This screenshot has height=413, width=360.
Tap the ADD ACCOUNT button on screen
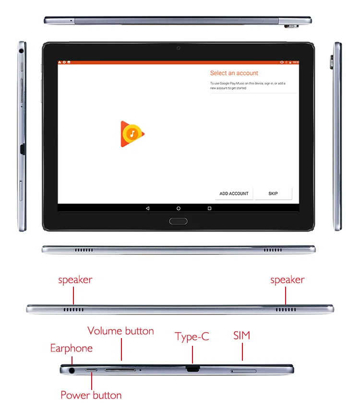234,194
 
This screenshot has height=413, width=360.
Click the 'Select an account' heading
234,73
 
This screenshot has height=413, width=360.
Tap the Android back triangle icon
147,208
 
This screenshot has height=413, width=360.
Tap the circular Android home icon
179,208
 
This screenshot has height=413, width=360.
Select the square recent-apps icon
209,208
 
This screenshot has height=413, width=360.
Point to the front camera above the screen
178,48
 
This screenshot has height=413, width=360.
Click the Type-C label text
192,337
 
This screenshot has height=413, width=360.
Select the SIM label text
242,335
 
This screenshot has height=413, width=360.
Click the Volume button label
120,331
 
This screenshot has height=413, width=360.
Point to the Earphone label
72,348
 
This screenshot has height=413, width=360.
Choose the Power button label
91,395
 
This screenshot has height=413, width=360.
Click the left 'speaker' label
75,279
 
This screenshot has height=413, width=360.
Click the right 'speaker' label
287,279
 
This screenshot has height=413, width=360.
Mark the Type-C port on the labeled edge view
192,369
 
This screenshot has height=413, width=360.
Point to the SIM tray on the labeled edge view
243,371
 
